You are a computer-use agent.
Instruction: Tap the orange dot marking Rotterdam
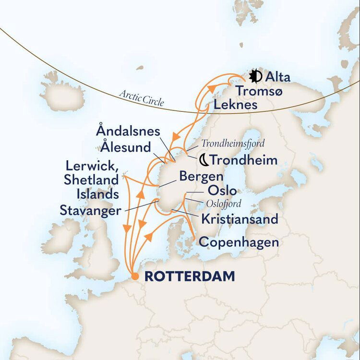pyautogui.click(x=136, y=276)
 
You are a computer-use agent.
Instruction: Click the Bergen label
pyautogui.click(x=201, y=176)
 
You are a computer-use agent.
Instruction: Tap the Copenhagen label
pyautogui.click(x=239, y=242)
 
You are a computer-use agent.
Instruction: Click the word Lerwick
pyautogui.click(x=91, y=166)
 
